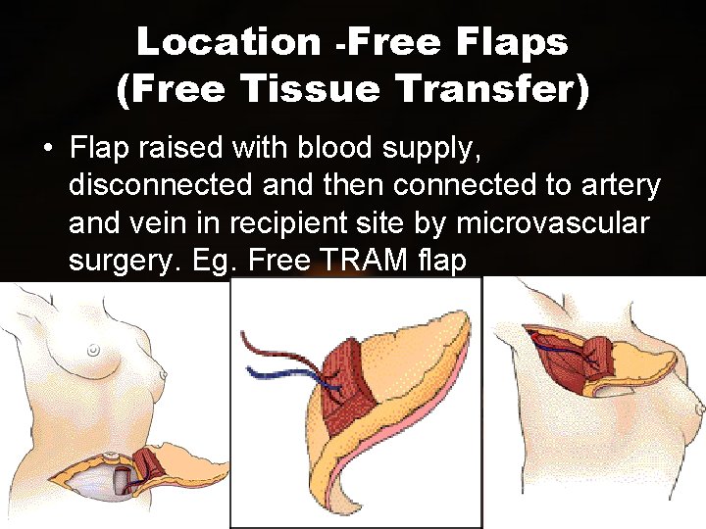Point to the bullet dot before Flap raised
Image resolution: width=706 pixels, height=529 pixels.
click(47, 149)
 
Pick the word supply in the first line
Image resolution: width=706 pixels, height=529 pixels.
click(430, 150)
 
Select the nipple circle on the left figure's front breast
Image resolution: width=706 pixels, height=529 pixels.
click(92, 349)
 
